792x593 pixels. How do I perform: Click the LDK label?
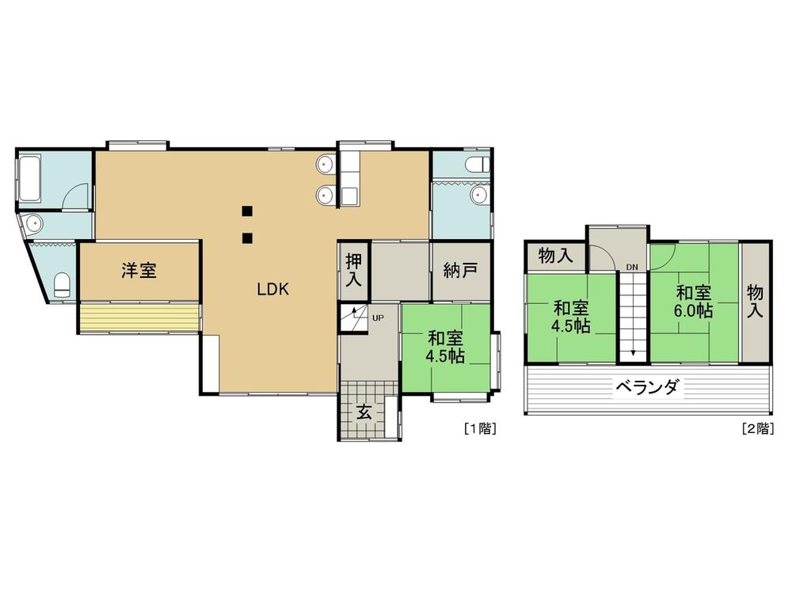click(x=272, y=290)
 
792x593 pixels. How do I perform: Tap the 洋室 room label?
click(x=139, y=270)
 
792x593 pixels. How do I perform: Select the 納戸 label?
click(x=460, y=271)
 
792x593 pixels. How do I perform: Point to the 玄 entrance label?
click(x=364, y=412)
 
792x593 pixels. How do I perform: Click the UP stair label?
click(x=378, y=318)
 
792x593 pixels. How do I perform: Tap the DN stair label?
click(x=632, y=267)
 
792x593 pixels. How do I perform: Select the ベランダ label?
click(x=647, y=387)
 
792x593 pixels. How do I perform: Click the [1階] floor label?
click(x=480, y=429)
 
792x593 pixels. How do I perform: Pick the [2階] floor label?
click(x=758, y=429)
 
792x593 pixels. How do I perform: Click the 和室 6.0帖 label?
click(x=694, y=302)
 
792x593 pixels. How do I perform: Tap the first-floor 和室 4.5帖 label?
click(x=445, y=347)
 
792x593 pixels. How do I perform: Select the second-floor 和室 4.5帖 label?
click(x=571, y=317)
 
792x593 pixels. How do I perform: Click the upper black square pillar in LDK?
click(x=247, y=211)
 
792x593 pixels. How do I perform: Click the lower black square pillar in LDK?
click(x=247, y=238)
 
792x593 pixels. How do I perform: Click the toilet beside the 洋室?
click(x=62, y=285)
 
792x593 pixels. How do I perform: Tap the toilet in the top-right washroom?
click(x=478, y=164)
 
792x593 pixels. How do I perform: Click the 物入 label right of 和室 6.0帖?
click(x=755, y=301)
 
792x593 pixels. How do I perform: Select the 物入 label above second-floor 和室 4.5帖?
click(x=556, y=256)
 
